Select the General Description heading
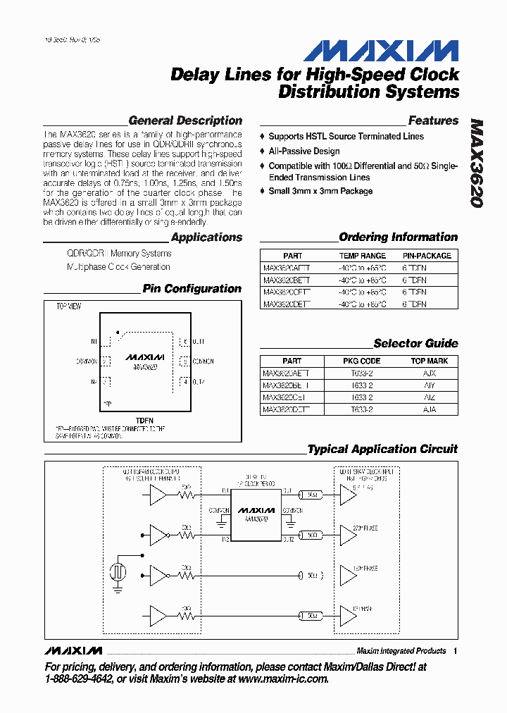(185, 120)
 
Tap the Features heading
(433, 120)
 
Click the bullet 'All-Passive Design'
(304, 151)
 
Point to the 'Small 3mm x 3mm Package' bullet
(320, 191)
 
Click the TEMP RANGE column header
(363, 256)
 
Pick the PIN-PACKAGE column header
(427, 256)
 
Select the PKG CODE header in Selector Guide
(361, 361)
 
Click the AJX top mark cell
(429, 373)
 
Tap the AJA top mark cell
(429, 409)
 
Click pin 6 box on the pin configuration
(184, 342)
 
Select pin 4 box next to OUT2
(184, 382)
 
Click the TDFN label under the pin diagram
(144, 421)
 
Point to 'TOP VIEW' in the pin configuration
(68, 307)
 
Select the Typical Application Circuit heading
(382, 449)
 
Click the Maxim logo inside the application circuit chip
(256, 509)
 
